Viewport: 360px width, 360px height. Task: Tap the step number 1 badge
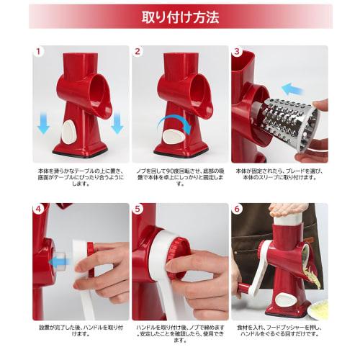coord(40,52)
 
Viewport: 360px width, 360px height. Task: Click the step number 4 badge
coord(40,210)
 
